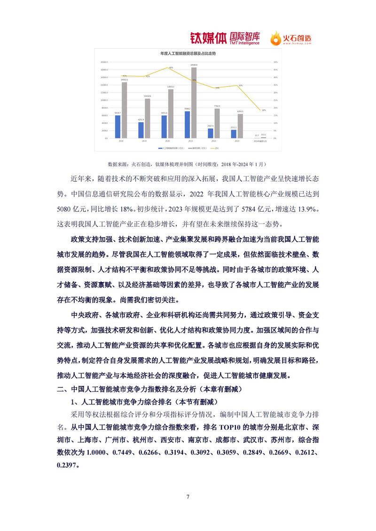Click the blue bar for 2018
pos(118,127)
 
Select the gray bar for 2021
pos(194,103)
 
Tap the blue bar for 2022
pos(211,133)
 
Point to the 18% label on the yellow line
pos(264,110)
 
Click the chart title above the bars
pos(188,54)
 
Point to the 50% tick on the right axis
pos(276,62)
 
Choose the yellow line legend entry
pos(215,148)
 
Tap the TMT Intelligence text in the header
pos(244,43)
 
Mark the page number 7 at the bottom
pos(188,497)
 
